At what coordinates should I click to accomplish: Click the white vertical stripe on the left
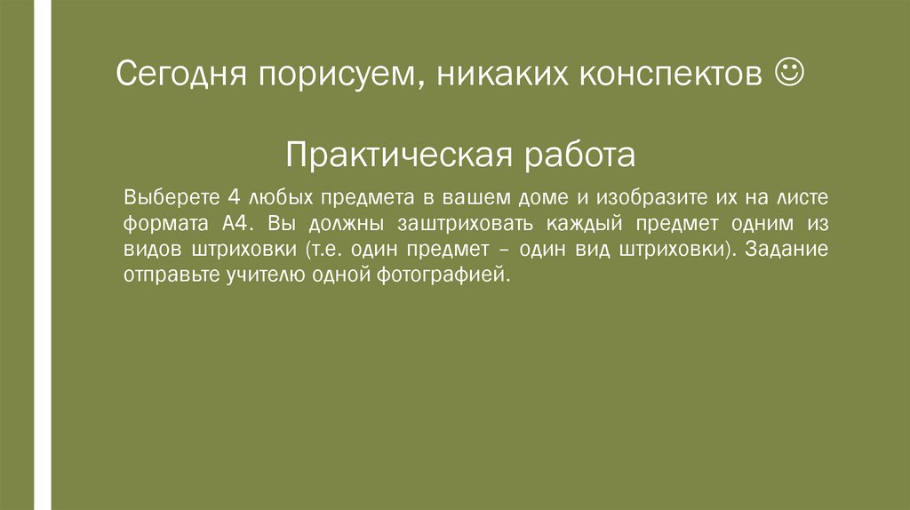(43, 255)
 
